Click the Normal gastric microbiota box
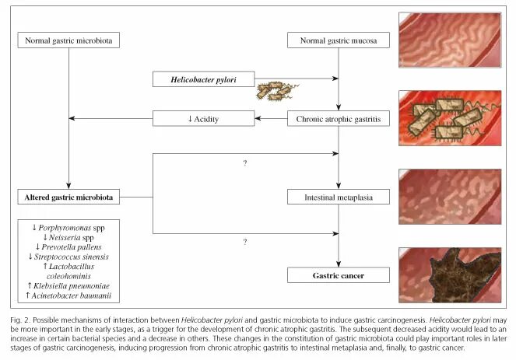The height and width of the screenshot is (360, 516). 68,40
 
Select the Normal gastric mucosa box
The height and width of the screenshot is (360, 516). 338,40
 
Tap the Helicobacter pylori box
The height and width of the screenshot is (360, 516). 203,79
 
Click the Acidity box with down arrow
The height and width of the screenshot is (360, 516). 203,118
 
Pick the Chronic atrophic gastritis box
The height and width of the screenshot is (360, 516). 338,118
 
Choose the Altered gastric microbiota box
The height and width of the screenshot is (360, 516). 68,197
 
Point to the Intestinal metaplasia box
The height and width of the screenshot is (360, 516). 338,197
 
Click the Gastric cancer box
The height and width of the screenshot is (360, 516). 338,275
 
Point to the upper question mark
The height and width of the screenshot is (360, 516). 244,163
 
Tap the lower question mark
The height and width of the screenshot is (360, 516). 244,242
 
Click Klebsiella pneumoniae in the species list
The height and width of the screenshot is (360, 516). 68,285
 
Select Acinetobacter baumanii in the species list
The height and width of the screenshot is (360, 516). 68,295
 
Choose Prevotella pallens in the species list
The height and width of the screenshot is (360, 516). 68,246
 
